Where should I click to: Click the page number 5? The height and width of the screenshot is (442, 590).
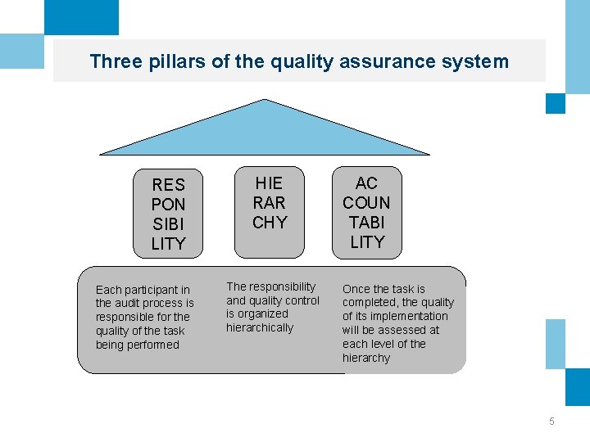pyautogui.click(x=551, y=422)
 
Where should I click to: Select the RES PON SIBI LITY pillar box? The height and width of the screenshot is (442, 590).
pyautogui.click(x=169, y=213)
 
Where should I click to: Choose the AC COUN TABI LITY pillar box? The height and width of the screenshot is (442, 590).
pyautogui.click(x=366, y=212)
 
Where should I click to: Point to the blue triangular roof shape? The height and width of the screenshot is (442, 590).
pyautogui.click(x=264, y=131)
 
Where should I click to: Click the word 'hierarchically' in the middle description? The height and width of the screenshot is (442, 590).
pyautogui.click(x=260, y=327)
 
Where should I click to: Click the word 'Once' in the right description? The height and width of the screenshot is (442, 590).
pyautogui.click(x=356, y=289)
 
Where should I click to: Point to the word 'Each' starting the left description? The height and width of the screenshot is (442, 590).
pyautogui.click(x=108, y=290)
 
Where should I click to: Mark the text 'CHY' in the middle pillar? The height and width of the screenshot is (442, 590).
pyautogui.click(x=270, y=223)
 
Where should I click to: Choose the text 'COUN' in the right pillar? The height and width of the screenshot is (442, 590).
pyautogui.click(x=366, y=203)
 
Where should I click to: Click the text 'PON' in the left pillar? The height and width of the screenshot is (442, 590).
pyautogui.click(x=169, y=205)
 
